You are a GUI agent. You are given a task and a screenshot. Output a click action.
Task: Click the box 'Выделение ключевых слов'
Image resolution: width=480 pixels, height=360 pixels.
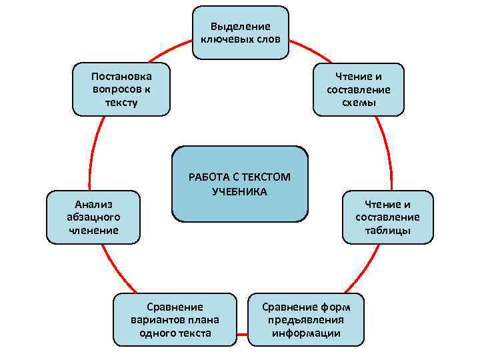tap(241, 33)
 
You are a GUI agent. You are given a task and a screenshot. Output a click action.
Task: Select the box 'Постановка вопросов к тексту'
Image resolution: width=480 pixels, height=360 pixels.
tap(121, 89)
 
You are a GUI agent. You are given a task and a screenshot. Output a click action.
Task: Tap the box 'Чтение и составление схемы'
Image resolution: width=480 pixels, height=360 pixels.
tap(359, 89)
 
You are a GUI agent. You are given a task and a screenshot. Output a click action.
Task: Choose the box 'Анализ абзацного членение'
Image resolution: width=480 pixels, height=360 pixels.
tap(93, 217)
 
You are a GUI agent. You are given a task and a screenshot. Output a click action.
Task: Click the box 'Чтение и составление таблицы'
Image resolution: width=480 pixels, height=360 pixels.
tap(387, 217)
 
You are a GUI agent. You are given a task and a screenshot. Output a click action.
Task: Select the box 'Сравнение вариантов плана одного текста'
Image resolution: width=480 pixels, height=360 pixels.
tap(175, 319)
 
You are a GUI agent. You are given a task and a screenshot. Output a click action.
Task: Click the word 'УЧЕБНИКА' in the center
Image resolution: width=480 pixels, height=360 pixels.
tap(240, 192)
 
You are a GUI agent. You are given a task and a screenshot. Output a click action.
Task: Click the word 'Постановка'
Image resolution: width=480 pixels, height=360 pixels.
tap(121, 77)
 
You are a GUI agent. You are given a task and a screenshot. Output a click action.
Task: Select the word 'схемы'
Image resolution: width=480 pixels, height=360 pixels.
tap(359, 103)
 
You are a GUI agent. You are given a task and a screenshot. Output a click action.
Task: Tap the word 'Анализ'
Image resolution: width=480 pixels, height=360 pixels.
tap(93, 204)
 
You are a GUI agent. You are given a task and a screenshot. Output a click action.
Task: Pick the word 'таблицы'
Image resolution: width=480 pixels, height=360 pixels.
tap(387, 231)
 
